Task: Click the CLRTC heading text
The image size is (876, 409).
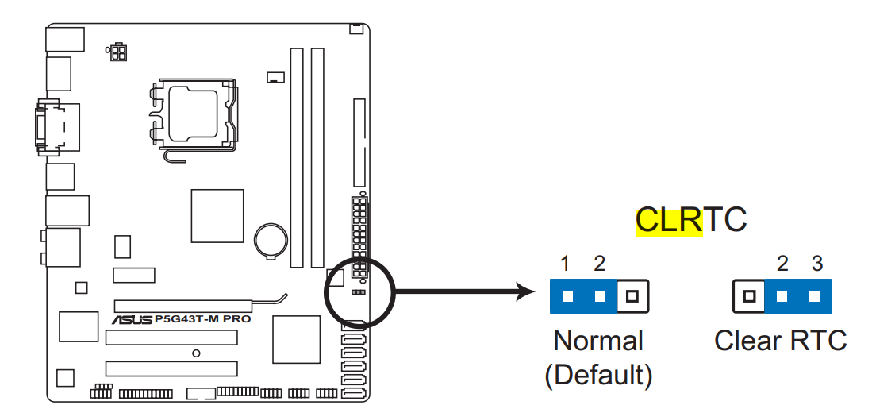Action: pos(691,219)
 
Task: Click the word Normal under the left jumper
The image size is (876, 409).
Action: pos(597,341)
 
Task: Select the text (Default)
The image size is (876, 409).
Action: pos(598,374)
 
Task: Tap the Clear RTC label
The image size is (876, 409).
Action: pos(780,341)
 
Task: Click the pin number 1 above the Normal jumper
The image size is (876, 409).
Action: pos(566,263)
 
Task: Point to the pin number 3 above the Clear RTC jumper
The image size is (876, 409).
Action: pos(816,263)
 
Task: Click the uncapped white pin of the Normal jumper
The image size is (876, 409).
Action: pos(632,296)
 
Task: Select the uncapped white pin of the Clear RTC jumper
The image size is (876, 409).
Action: pos(748,296)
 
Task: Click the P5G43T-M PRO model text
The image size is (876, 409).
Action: pos(202,319)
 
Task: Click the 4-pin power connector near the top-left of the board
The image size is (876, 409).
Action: pos(118,52)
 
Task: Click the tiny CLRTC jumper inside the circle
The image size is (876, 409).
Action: pos(358,291)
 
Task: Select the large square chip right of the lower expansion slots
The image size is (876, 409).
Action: pos(296,339)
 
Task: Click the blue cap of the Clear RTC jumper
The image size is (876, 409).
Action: pos(797,296)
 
